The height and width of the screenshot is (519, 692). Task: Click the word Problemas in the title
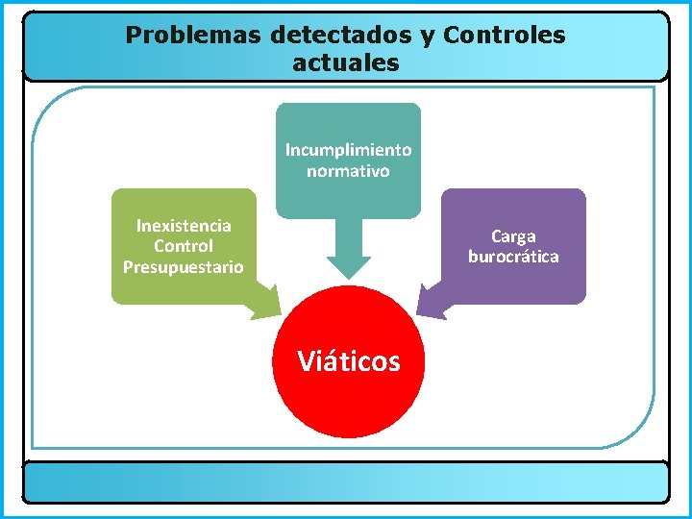click(x=194, y=37)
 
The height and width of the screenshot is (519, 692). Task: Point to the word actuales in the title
click(x=345, y=64)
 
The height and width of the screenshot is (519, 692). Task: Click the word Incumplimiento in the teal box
click(x=348, y=150)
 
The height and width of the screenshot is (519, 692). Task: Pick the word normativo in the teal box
click(x=348, y=172)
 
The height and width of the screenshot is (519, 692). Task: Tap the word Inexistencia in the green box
click(x=184, y=226)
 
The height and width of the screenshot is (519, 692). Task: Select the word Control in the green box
click(x=184, y=246)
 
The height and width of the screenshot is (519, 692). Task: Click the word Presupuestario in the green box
click(x=184, y=267)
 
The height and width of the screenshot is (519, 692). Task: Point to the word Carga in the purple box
click(x=513, y=236)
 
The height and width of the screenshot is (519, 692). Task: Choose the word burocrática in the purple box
click(x=513, y=257)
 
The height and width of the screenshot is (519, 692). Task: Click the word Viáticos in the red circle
click(x=348, y=361)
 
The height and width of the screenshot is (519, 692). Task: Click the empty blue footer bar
click(x=346, y=482)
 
